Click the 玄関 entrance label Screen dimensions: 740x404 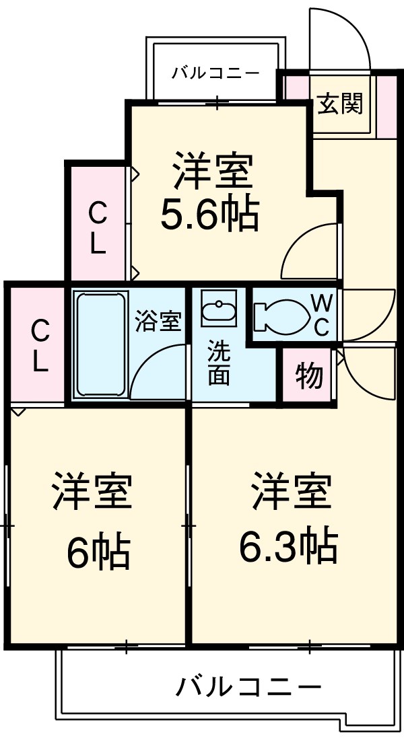click(341, 104)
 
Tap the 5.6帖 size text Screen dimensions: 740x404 click(209, 215)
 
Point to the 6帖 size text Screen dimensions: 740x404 click(98, 553)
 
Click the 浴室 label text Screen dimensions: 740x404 click(158, 321)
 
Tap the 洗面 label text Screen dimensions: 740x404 click(218, 363)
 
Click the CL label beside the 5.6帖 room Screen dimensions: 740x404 click(98, 229)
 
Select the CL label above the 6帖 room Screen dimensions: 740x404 click(40, 346)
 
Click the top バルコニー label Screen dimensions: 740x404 click(215, 72)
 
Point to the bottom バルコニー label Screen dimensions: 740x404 click(248, 688)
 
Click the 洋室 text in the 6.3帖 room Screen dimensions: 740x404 click(291, 492)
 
